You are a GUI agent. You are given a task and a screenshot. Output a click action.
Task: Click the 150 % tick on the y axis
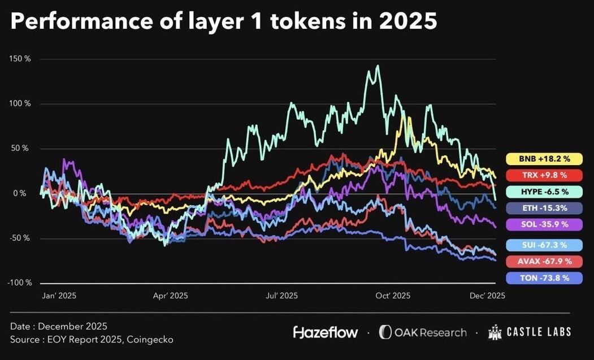(20, 59)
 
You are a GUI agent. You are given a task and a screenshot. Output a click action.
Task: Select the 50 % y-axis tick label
(20, 149)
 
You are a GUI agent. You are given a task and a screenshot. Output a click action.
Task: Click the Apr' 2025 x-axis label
(171, 296)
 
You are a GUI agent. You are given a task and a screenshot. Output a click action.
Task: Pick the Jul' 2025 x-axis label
(281, 296)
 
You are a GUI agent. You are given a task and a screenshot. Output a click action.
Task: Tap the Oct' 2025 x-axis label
(393, 296)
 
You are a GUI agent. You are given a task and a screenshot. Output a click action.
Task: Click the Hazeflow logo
(326, 332)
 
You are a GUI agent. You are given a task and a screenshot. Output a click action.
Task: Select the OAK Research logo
(423, 332)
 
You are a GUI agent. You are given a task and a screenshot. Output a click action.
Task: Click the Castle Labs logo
(530, 332)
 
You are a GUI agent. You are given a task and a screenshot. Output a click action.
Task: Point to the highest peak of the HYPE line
(378, 66)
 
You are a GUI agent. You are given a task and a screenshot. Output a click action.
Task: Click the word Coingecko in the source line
(150, 340)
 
